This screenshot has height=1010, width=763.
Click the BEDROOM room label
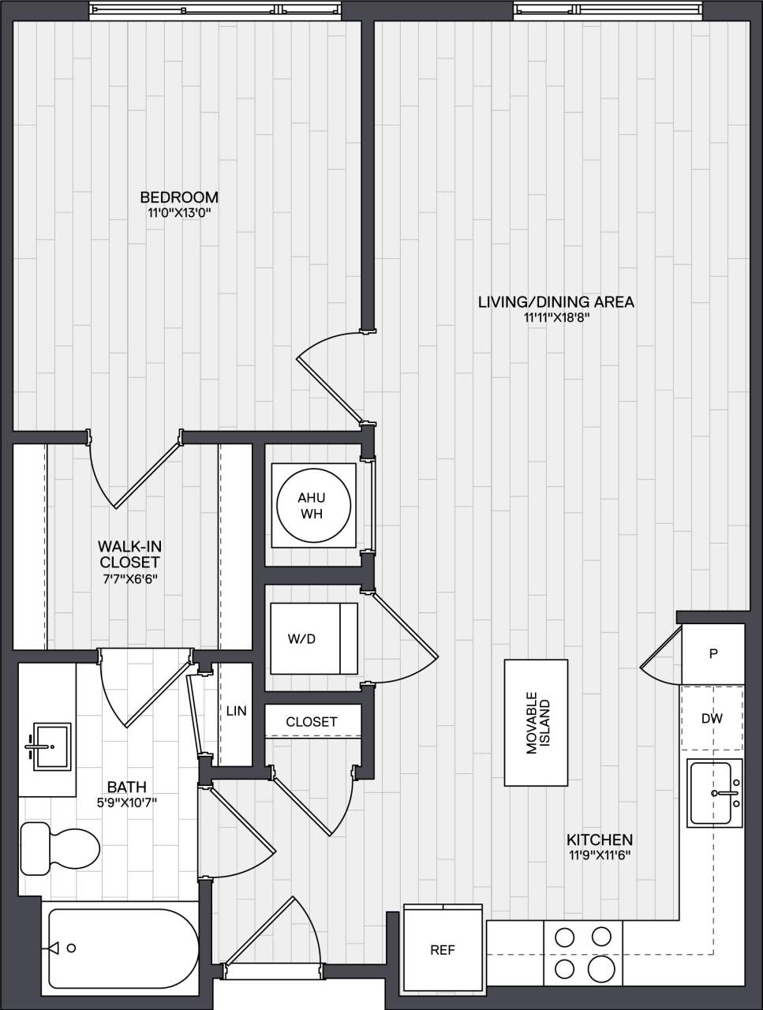(179, 197)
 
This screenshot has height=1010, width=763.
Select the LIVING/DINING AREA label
(556, 301)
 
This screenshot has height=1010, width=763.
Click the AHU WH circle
(312, 506)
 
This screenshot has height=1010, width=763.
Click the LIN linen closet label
(236, 711)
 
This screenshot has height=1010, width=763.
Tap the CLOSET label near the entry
(312, 722)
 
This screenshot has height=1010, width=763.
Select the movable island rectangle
(537, 723)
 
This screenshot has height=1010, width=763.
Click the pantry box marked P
(713, 654)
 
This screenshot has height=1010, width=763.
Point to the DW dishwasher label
(712, 719)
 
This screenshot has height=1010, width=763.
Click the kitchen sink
(715, 793)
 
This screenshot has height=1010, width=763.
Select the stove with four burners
(583, 952)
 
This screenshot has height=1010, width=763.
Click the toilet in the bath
(58, 847)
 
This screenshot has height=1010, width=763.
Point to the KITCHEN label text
(600, 840)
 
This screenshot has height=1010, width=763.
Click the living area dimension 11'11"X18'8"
(556, 318)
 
